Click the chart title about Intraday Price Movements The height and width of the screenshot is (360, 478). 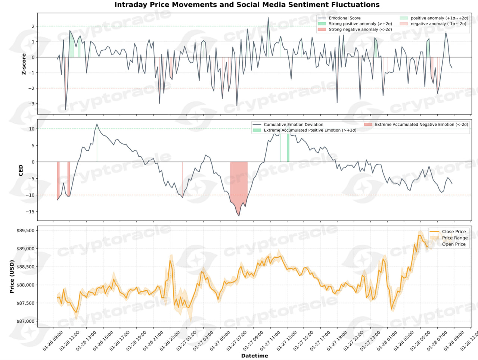pos(247,5)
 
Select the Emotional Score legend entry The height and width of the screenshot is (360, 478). pos(344,18)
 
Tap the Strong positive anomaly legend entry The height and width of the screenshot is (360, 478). pos(360,24)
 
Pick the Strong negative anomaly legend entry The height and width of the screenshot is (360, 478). pos(360,29)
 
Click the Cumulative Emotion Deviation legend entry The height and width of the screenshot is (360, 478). pos(293,125)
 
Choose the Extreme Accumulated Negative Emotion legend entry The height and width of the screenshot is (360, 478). pos(421,125)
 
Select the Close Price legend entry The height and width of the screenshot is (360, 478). pos(454,232)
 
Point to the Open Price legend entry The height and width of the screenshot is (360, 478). pos(454,244)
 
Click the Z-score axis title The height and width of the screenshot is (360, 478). pos(24,64)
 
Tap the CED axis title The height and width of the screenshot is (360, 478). pos(21,170)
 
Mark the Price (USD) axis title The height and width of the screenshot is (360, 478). pos(12,276)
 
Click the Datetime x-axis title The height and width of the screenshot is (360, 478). pos(254,356)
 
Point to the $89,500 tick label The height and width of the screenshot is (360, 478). pos(25,231)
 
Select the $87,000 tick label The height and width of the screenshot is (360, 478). pos(25,321)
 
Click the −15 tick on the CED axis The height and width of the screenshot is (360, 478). pos(30,212)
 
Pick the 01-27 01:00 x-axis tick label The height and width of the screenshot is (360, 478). pos(187,340)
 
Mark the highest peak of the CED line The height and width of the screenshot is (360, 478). pos(97,124)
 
